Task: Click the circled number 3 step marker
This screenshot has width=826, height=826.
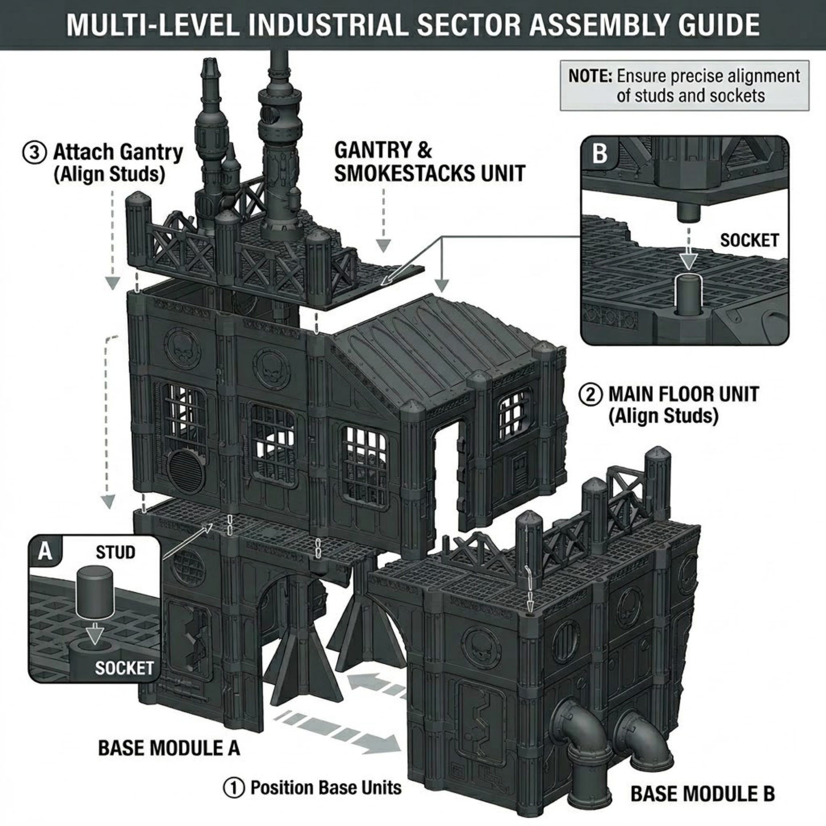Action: pyautogui.click(x=33, y=153)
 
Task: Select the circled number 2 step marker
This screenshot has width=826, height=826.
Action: pyautogui.click(x=590, y=394)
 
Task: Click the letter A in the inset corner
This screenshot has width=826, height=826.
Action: pyautogui.click(x=44, y=552)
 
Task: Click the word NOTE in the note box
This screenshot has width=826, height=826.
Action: pyautogui.click(x=590, y=76)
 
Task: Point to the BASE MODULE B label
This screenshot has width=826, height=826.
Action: pyautogui.click(x=702, y=793)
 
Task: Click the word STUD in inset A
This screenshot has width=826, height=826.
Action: pyautogui.click(x=115, y=552)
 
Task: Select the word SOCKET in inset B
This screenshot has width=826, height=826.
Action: pyautogui.click(x=749, y=240)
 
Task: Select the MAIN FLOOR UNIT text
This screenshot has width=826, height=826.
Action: pyautogui.click(x=683, y=394)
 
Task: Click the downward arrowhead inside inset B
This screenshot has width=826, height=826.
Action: pyautogui.click(x=689, y=261)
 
